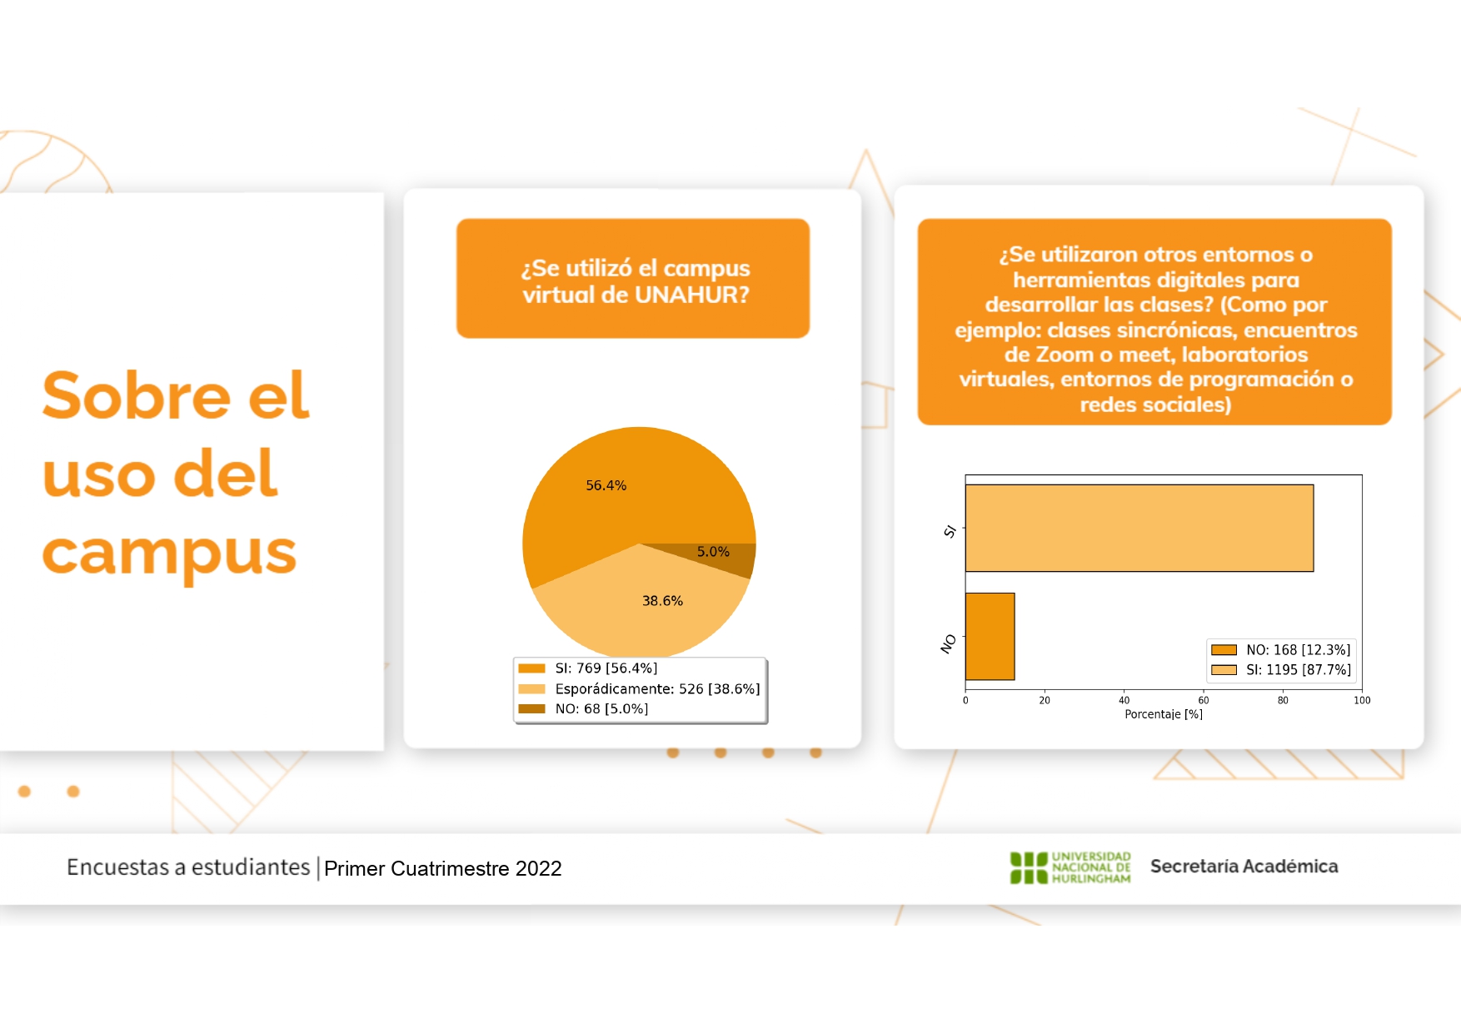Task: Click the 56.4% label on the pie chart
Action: [606, 485]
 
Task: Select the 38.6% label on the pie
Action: [662, 601]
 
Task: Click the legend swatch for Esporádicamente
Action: [531, 688]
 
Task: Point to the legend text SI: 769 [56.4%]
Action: [606, 668]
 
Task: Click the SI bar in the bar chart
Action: [1139, 528]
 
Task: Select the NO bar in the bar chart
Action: [990, 636]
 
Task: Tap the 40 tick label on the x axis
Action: [1124, 700]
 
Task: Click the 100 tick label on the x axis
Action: [1362, 700]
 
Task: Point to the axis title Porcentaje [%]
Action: [1164, 714]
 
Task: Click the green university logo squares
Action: [1029, 867]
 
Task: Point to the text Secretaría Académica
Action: [1244, 867]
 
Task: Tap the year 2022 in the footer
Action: [538, 868]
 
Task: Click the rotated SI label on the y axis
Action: [950, 531]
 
